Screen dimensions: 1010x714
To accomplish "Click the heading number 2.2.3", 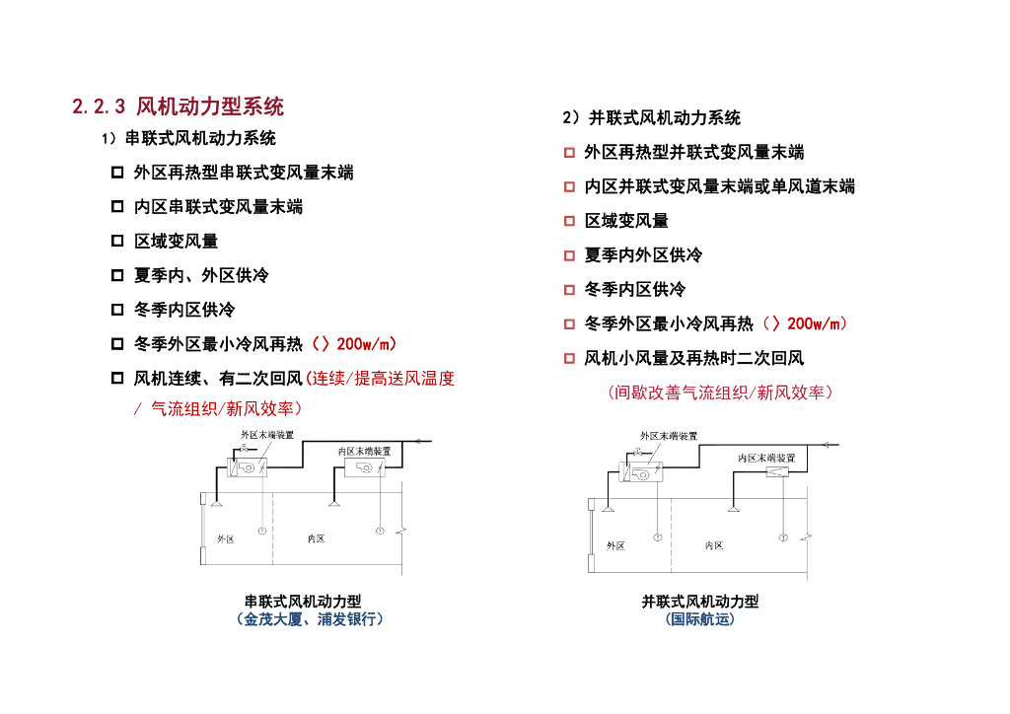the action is coord(100,107).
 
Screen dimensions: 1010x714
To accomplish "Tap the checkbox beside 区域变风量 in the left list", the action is coord(117,242).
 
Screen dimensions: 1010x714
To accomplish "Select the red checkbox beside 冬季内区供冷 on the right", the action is coord(569,290).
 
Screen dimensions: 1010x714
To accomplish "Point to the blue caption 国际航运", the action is coord(700,619).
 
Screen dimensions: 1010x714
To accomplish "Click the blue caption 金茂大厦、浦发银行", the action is coord(310,619).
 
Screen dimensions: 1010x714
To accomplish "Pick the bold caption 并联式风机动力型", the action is coord(700,602).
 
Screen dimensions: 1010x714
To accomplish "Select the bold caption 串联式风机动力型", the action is coord(310,602).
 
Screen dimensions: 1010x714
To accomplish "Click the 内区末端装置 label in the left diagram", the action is coord(364,450).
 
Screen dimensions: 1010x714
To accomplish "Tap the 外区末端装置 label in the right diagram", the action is coord(669,435).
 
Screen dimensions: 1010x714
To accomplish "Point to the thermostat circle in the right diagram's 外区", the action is coord(657,537).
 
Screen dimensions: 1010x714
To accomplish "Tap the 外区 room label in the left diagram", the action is coord(225,538).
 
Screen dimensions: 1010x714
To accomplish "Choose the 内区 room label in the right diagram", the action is coord(714,544).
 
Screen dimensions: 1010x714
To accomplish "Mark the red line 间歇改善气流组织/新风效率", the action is coord(721,393).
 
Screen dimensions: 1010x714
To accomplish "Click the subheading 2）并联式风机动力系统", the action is coord(651,118).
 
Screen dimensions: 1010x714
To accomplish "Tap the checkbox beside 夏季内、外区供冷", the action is coord(117,276).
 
